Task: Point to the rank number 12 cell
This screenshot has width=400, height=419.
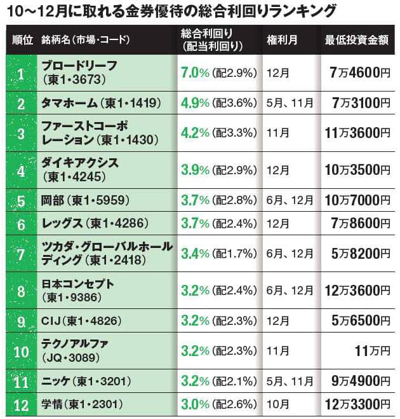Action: coord(20,404)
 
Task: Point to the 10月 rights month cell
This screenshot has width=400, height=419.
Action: coord(279,404)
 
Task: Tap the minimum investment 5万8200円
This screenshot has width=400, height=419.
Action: coord(359,254)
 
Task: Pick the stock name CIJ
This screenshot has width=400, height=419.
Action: coord(52,320)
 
